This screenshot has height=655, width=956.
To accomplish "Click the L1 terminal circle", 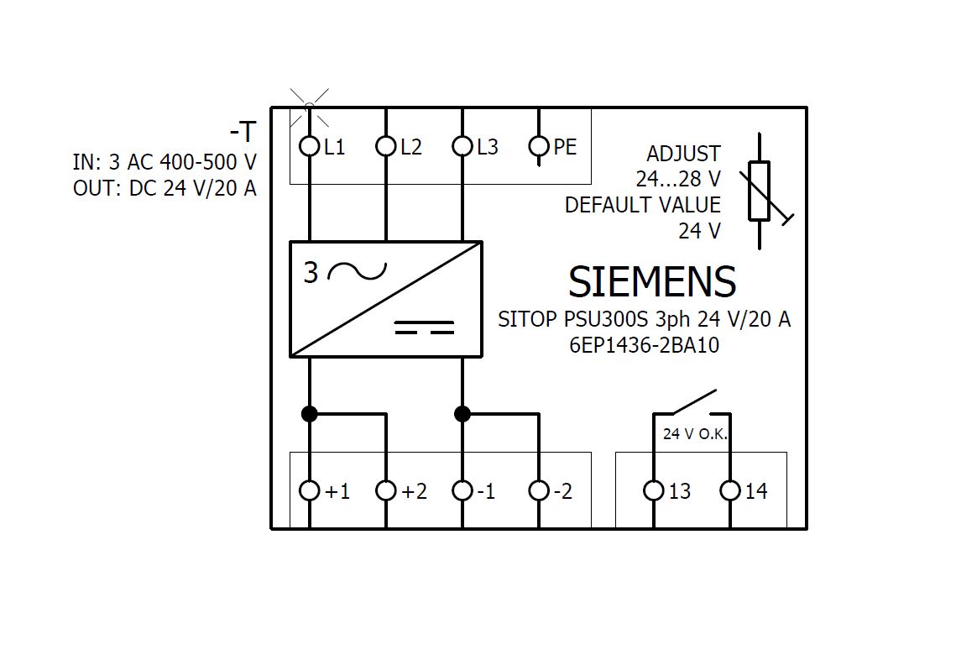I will coord(309,146).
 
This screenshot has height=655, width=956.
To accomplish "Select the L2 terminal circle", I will coord(385,146).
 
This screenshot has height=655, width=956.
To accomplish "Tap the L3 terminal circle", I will coord(462,146).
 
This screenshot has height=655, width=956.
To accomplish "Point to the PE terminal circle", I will coord(539,146).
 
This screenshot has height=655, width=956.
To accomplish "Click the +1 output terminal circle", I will coord(309,490).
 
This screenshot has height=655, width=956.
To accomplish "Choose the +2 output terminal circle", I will coord(385,490).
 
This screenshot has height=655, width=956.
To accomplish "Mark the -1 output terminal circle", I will coord(462,490).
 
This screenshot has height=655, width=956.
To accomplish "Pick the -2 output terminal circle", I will coord(539,490).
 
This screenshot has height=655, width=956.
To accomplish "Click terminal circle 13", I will coord(654,490).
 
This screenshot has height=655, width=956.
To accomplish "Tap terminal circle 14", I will coord(730,490).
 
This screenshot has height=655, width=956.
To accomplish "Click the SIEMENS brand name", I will coord(652,282).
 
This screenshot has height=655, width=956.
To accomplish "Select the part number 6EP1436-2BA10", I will coord(644,345).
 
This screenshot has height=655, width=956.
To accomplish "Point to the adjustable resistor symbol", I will coord(760,191).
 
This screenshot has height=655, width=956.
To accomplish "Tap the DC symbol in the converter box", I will coord(424,327).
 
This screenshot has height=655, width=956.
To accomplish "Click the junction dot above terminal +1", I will coord(309,413).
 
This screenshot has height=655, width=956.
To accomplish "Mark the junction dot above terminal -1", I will coord(462,413).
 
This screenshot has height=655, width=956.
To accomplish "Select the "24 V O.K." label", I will coord(696,435).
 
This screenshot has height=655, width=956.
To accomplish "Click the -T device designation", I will coord(243,133).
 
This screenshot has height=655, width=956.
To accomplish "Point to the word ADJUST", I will coord(683,154).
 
